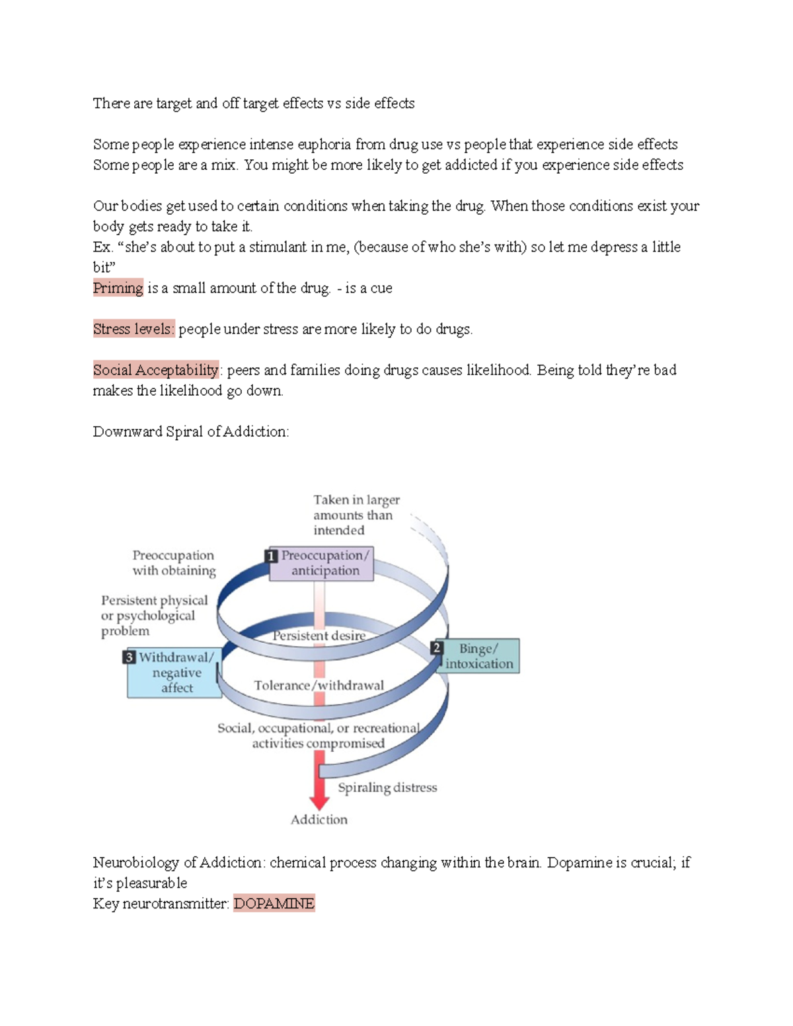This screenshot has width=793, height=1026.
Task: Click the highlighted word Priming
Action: pos(118,288)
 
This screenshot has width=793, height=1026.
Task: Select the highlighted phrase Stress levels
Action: pos(133,329)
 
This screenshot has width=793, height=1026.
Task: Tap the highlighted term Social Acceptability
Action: pos(156,370)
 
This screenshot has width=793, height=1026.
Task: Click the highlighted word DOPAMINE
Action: pos(274,903)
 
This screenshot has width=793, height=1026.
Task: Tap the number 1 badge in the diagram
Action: pos(270,556)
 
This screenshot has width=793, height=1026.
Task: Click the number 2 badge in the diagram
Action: pos(436,648)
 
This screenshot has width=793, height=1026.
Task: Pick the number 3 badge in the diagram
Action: pos(130,657)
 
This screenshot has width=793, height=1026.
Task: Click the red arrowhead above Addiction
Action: pos(319,801)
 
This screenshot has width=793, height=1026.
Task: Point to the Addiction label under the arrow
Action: pos(319,820)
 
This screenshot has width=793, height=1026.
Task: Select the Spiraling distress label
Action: pos(387,788)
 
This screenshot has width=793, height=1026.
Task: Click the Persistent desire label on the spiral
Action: pos(319,636)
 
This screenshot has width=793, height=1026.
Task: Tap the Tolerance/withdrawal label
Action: pos(319,686)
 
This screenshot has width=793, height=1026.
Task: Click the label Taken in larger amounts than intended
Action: pos(356,515)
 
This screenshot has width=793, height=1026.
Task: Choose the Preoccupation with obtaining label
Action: pos(174,563)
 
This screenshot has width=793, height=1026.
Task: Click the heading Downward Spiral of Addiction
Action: pos(191,432)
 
